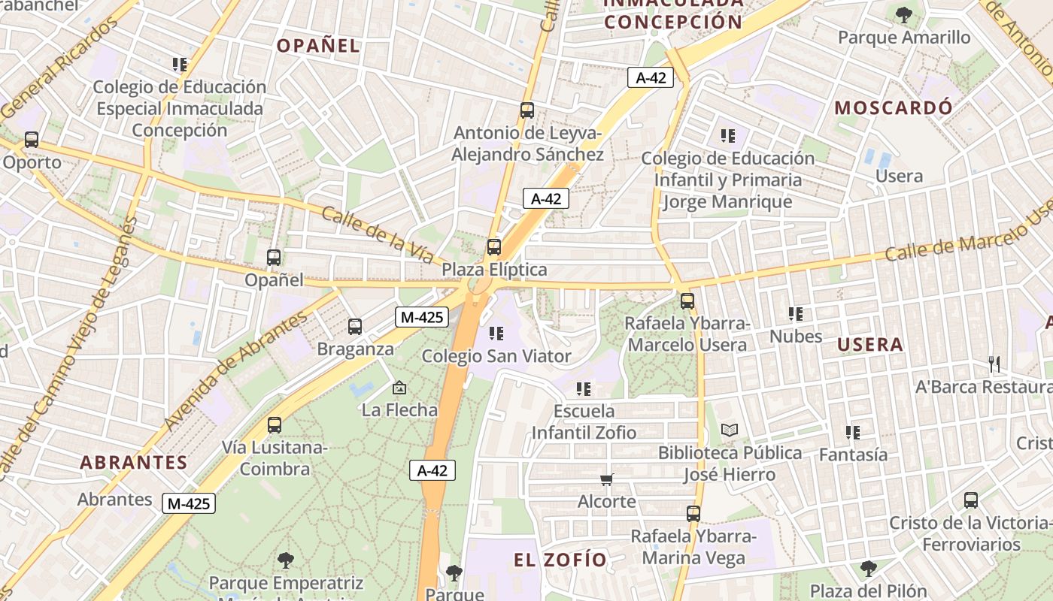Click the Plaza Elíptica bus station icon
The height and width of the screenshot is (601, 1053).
(494, 246)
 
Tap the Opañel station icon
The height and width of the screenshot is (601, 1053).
(274, 258)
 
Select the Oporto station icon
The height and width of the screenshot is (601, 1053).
(32, 140)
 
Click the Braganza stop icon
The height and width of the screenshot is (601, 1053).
(355, 327)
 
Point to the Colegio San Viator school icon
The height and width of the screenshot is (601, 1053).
(496, 333)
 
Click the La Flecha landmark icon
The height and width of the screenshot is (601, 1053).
(399, 388)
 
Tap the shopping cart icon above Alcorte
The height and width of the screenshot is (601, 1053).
(607, 479)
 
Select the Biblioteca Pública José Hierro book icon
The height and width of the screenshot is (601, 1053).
(729, 430)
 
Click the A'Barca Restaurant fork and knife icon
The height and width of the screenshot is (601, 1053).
(994, 364)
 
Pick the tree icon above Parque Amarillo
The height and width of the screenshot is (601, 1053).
(903, 14)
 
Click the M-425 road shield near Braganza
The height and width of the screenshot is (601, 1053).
(421, 317)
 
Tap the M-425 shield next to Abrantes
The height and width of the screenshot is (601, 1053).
(188, 503)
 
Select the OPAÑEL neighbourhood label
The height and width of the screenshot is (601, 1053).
(318, 46)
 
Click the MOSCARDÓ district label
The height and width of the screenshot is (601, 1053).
(894, 107)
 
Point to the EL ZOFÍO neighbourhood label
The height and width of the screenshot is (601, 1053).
(560, 560)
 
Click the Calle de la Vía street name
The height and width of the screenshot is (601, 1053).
(378, 235)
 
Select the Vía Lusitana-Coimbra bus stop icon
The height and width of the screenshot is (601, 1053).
(275, 425)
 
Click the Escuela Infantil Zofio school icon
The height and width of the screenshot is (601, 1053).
(584, 389)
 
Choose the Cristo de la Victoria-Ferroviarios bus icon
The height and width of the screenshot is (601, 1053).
(971, 500)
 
